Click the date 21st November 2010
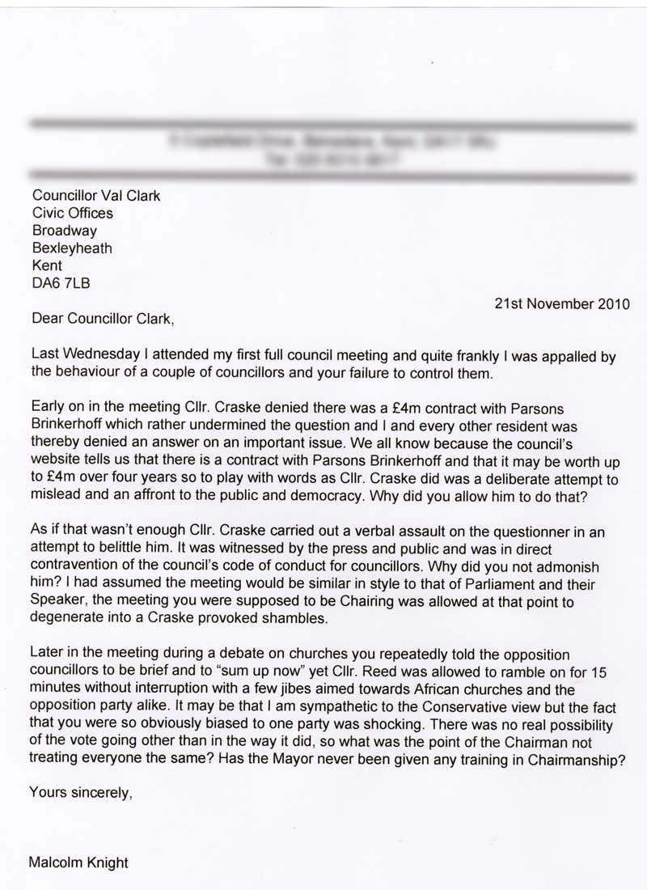click(562, 305)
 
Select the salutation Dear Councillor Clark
click(102, 319)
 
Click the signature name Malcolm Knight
click(78, 862)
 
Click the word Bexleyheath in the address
click(72, 248)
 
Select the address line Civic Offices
click(72, 214)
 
